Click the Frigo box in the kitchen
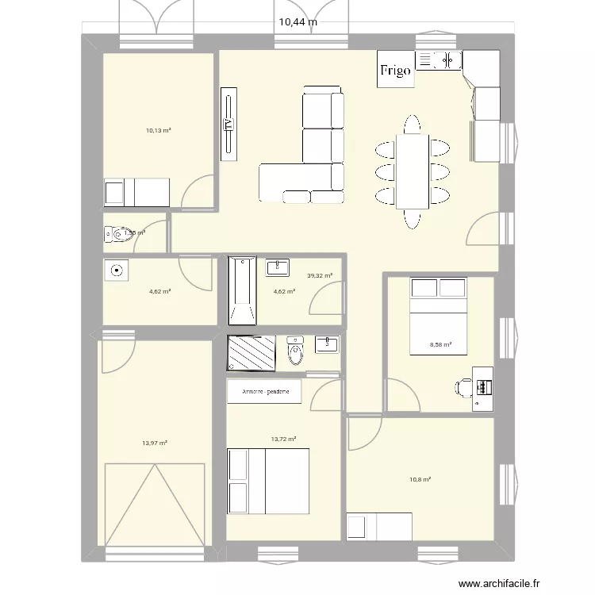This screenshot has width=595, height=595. (x=395, y=71)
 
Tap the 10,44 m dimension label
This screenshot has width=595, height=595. (x=297, y=22)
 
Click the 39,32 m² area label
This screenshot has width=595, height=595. (x=319, y=276)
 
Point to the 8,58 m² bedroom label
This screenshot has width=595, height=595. (x=440, y=344)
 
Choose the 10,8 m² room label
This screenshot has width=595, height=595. (x=420, y=479)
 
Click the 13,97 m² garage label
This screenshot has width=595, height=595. (x=155, y=443)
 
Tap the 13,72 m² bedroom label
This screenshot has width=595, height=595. (x=283, y=438)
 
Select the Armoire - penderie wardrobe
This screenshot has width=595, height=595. (x=265, y=392)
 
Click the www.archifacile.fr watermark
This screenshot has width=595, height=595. (x=498, y=582)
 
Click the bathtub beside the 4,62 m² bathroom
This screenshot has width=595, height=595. (x=242, y=290)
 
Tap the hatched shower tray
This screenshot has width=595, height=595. (x=251, y=353)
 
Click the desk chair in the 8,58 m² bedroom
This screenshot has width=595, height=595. (x=463, y=387)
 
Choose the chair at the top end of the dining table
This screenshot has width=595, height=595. (x=412, y=125)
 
